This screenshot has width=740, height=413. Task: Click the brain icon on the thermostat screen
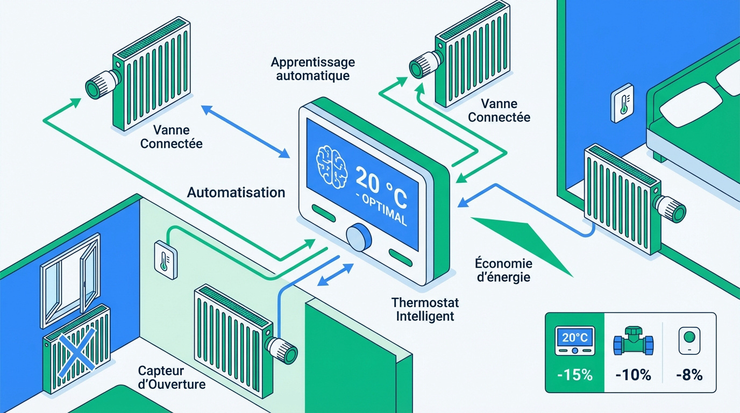pyautogui.click(x=330, y=163)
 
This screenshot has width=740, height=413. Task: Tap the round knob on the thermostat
pyautogui.click(x=358, y=237)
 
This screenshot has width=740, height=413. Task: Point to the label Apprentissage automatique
pyautogui.click(x=312, y=69)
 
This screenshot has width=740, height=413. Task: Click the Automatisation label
pyautogui.click(x=236, y=192)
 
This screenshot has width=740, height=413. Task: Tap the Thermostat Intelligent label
pyautogui.click(x=425, y=309)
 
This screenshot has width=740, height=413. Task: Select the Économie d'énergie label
pyautogui.click(x=503, y=270)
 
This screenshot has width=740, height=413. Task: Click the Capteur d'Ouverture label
pyautogui.click(x=172, y=378)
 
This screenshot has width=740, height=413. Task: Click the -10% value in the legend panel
pyautogui.click(x=632, y=375)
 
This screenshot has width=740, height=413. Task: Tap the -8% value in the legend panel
pyautogui.click(x=689, y=375)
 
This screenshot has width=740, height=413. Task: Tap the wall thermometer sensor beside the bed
pyautogui.click(x=623, y=102)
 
